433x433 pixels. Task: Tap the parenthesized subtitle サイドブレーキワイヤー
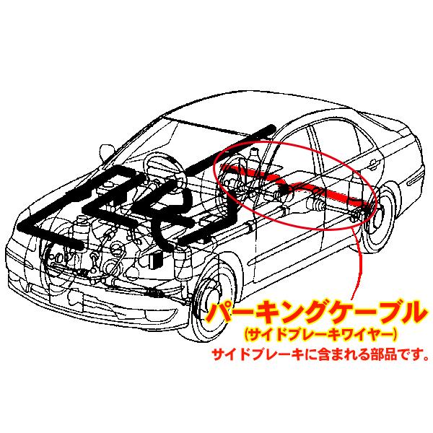pyautogui.click(x=320, y=334)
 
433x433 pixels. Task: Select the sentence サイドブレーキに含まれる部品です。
pyautogui.click(x=321, y=354)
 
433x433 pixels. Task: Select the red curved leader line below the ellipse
pyautogui.click(x=358, y=263)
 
